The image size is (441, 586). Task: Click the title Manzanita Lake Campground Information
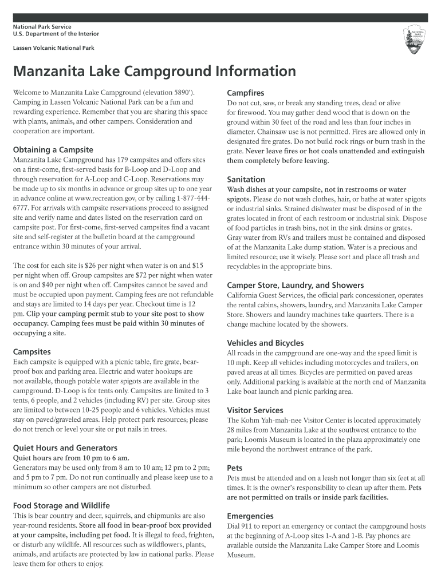(x=155, y=72)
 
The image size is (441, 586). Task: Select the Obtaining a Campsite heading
(x=53, y=150)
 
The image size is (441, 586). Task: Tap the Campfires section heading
(x=245, y=93)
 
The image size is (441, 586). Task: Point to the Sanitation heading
(x=246, y=179)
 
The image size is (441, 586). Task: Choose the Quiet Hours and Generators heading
(x=65, y=448)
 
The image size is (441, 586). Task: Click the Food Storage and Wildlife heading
(x=61, y=506)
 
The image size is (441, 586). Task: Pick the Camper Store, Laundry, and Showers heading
(x=295, y=285)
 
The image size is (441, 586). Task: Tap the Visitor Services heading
(x=255, y=410)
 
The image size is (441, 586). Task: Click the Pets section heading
(x=235, y=468)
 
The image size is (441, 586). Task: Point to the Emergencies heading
(x=250, y=516)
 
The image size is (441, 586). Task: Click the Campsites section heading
(x=32, y=351)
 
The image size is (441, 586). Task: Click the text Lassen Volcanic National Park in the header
(x=54, y=48)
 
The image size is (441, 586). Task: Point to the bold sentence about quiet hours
(x=71, y=458)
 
